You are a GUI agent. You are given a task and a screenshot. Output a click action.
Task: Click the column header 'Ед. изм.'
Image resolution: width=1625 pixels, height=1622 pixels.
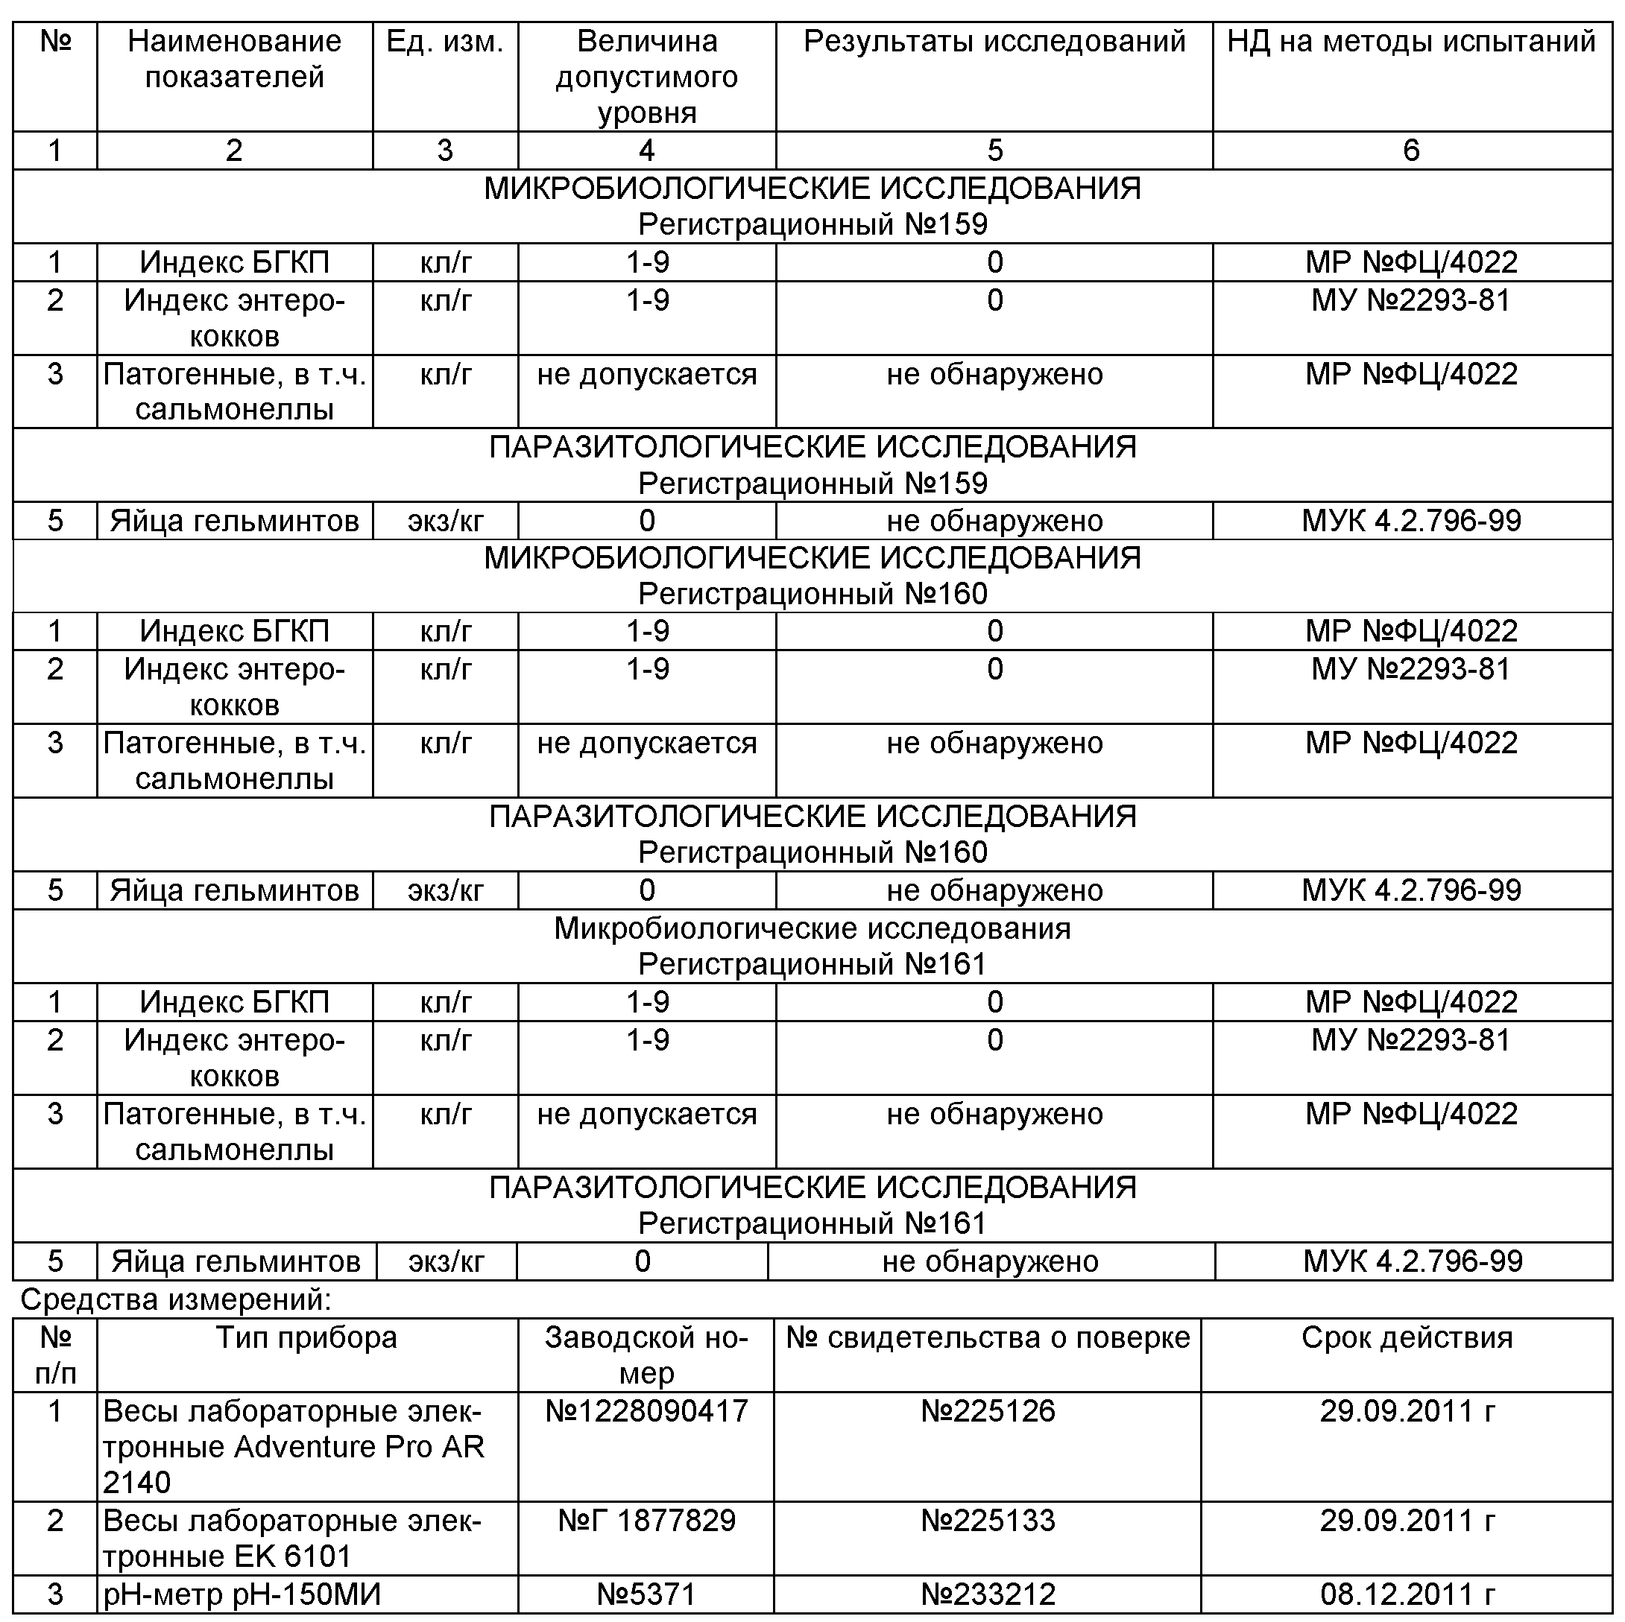(x=444, y=42)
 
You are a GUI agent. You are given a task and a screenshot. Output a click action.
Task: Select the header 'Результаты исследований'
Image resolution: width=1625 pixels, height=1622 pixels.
(x=994, y=42)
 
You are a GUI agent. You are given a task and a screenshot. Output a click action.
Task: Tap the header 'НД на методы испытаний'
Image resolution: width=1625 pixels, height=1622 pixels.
(x=1410, y=42)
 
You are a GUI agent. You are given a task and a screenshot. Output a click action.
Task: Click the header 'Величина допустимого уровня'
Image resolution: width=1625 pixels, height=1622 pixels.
(x=646, y=77)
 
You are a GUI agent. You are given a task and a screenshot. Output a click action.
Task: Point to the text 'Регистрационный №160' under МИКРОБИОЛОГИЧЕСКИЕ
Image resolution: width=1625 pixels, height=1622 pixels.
(x=812, y=594)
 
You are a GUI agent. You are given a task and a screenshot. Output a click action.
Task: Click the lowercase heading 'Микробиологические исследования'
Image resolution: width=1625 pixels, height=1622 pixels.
(x=812, y=928)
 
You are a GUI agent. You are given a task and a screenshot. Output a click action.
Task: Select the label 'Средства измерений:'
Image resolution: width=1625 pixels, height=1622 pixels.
(x=176, y=1300)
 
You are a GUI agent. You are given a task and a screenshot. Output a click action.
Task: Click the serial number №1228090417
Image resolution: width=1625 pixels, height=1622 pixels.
(x=646, y=1411)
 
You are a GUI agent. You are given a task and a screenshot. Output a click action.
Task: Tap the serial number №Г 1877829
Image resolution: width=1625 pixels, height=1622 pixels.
(x=646, y=1520)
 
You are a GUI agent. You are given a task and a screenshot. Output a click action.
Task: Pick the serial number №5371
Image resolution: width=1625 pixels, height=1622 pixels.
(x=646, y=1594)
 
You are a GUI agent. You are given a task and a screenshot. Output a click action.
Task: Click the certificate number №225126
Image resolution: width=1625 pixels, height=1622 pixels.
(x=988, y=1411)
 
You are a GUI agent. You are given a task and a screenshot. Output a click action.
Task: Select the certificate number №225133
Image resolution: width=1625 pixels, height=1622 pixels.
(x=988, y=1520)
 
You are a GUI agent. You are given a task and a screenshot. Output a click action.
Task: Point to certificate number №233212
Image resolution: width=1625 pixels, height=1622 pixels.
(x=988, y=1594)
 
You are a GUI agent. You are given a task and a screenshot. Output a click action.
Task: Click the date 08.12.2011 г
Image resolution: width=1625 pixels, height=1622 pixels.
(x=1407, y=1594)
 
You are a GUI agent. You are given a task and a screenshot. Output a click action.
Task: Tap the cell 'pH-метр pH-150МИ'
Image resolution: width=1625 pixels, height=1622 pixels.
(x=242, y=1594)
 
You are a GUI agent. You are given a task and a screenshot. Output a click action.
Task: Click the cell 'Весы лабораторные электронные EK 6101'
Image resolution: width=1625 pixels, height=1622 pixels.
(x=292, y=1538)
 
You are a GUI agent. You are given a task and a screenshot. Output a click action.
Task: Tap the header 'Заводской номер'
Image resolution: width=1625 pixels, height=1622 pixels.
(x=646, y=1355)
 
